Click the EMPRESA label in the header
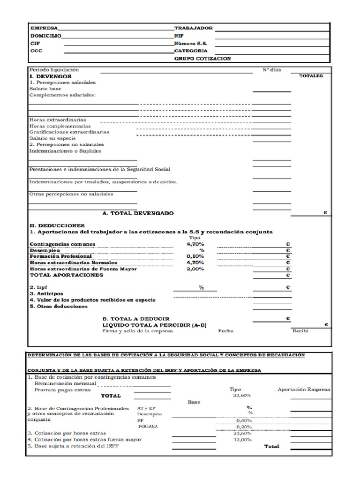(44, 28)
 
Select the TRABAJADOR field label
(193, 28)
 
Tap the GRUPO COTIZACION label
(202, 59)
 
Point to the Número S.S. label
(190, 43)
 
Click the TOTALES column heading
(311, 76)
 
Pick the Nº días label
(271, 70)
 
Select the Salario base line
(45, 88)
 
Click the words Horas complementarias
(60, 126)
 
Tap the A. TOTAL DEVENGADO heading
(138, 213)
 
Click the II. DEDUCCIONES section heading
(57, 225)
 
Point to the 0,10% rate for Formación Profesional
(195, 256)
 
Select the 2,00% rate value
(195, 269)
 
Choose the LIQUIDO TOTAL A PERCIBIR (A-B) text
(154, 325)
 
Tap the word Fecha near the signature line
(225, 331)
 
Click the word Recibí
(300, 331)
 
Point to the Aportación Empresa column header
(304, 389)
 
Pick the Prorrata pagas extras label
(62, 390)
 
